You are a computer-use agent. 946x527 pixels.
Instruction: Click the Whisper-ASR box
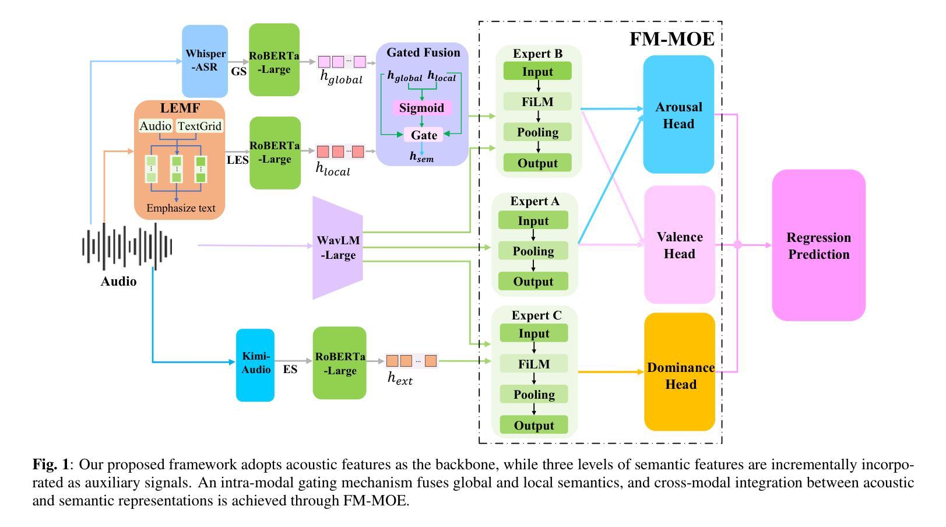[205, 61]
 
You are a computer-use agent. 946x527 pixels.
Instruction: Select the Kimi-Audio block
[255, 365]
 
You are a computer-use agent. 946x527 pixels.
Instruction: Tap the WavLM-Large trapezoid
[337, 248]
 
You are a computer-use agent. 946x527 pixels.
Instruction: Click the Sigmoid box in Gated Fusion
[421, 108]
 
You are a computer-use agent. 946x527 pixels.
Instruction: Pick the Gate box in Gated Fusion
[424, 135]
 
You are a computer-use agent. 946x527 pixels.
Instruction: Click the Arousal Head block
[678, 114]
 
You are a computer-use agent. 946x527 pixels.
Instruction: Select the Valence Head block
[680, 245]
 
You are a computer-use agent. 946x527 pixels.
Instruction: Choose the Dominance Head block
[680, 372]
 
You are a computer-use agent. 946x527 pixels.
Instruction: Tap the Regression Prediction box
[819, 245]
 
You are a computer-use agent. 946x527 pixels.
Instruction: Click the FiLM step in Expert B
[537, 102]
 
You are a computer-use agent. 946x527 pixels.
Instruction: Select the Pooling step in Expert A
[533, 251]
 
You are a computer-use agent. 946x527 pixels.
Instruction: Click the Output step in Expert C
[534, 425]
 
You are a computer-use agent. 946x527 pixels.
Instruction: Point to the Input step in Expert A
[533, 220]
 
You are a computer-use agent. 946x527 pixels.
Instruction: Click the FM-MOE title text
[672, 39]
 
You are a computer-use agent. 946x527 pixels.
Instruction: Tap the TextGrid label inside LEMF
[199, 126]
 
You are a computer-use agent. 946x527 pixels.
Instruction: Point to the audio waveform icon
[127, 247]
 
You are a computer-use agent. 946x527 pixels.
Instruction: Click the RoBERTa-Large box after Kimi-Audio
[340, 363]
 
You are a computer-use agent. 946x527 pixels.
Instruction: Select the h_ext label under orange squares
[400, 378]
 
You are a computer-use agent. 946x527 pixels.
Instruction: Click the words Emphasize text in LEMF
[181, 208]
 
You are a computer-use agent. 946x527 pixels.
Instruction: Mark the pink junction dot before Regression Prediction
[737, 244]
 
